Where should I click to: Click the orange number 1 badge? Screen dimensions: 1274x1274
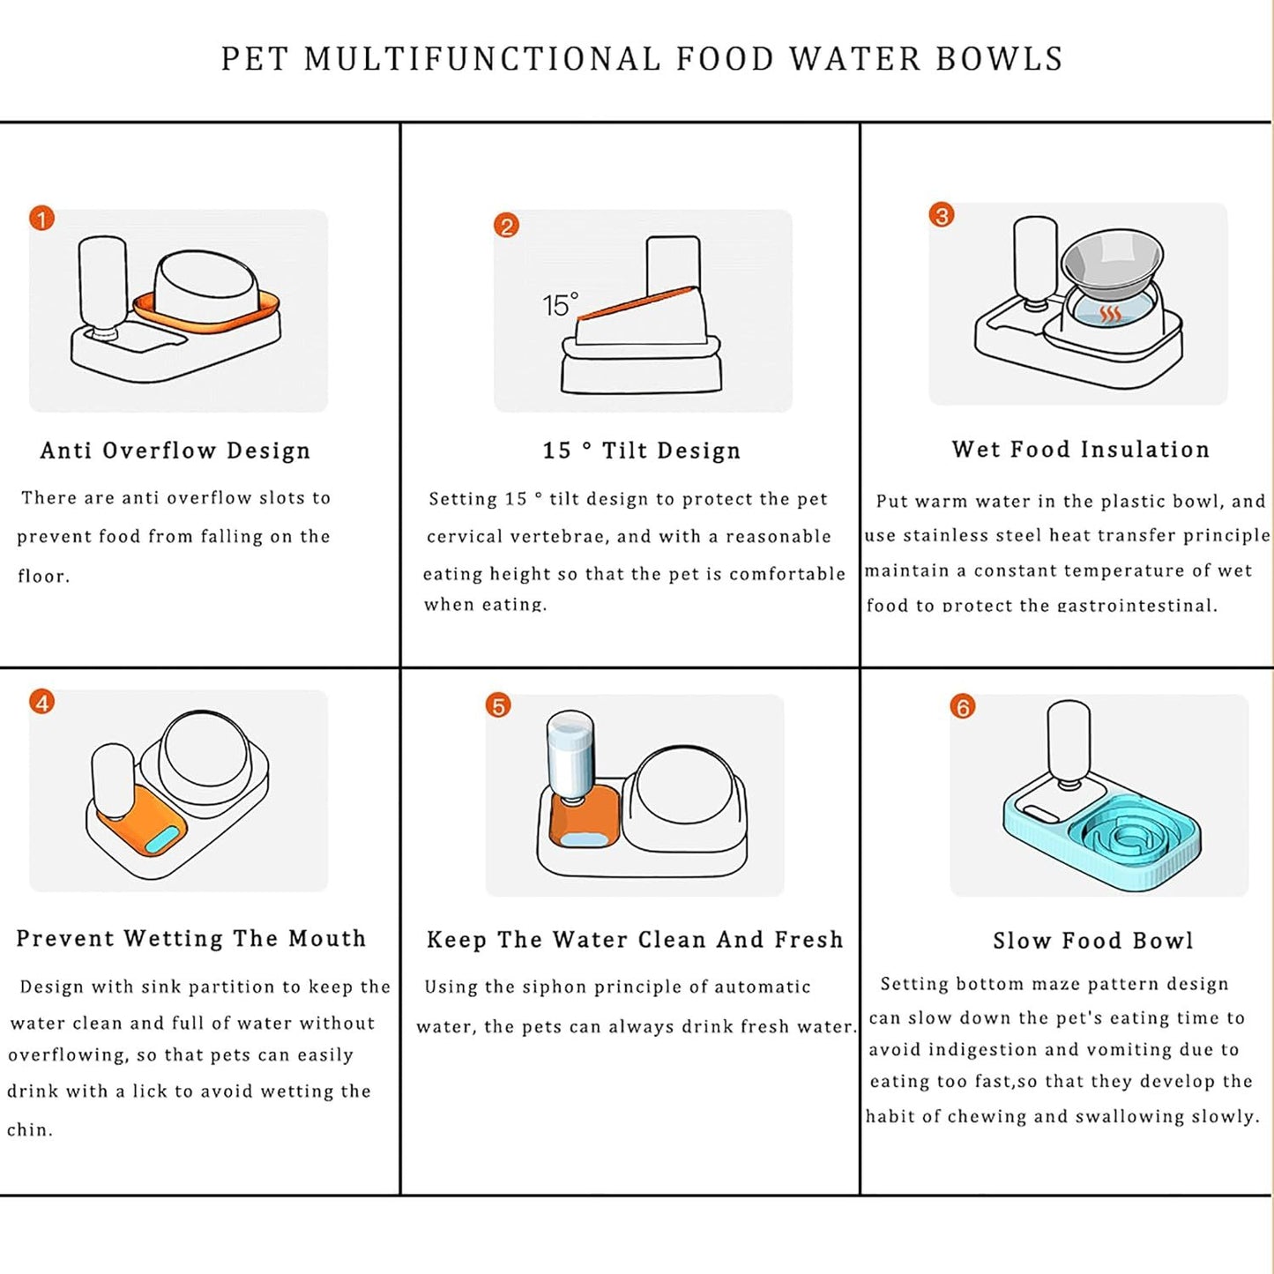[41, 218]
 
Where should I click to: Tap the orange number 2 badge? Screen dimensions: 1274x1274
[506, 226]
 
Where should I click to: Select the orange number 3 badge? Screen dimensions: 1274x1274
[942, 215]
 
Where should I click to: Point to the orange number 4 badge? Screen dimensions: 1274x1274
[41, 702]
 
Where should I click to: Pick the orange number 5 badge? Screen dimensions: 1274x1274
[498, 705]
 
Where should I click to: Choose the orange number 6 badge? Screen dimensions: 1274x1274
[963, 706]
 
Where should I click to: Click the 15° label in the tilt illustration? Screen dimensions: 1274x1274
[560, 305]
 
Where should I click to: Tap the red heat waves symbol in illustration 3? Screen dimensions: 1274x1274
[1111, 315]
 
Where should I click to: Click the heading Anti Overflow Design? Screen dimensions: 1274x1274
[175, 451]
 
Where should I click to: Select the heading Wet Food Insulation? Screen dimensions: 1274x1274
[1081, 450]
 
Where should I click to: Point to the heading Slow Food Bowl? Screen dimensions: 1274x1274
[1093, 941]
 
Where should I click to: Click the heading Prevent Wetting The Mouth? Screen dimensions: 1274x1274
[191, 938]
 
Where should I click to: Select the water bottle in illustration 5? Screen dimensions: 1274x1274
[571, 754]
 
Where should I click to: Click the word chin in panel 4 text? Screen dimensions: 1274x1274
[29, 1129]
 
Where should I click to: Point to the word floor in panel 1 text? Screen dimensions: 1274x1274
[42, 577]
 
